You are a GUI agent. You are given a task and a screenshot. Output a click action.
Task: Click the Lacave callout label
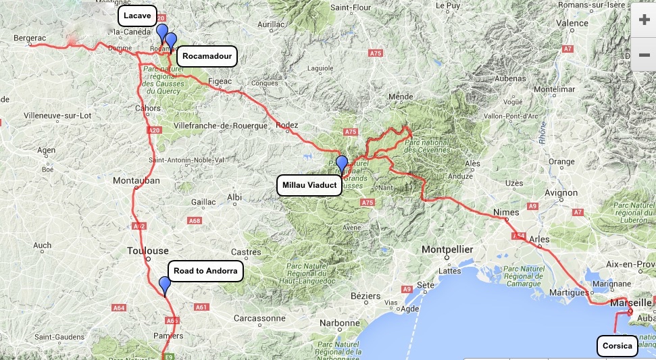[x=138, y=16]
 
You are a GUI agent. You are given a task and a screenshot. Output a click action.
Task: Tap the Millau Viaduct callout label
[x=309, y=185]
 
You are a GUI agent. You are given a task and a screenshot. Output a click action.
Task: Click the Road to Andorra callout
[x=205, y=272]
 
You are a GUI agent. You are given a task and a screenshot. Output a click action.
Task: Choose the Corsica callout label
[x=617, y=346]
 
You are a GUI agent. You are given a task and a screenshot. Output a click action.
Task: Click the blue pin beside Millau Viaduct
[x=342, y=164]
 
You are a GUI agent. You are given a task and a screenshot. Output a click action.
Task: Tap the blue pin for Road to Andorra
[x=165, y=286]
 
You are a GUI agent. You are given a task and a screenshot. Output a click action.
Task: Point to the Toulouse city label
[x=148, y=251]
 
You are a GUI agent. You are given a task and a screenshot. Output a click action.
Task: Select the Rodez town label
[x=287, y=125]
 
